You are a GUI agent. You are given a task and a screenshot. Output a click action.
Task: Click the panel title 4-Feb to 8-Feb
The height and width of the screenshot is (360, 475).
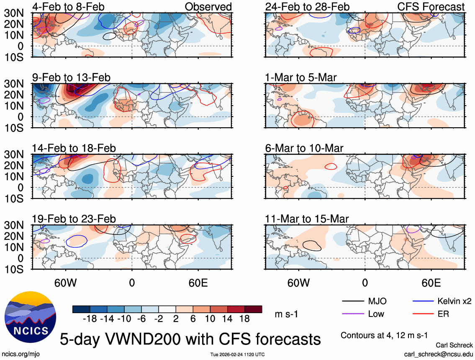(68, 7)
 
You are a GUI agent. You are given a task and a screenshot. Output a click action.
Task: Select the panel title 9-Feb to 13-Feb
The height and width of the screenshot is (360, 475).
(71, 77)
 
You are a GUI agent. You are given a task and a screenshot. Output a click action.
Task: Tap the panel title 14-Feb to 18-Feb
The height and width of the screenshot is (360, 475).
(74, 148)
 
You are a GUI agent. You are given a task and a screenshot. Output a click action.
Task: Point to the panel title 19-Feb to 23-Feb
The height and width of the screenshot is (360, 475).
(74, 219)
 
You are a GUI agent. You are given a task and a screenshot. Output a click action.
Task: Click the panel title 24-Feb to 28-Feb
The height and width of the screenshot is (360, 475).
(307, 7)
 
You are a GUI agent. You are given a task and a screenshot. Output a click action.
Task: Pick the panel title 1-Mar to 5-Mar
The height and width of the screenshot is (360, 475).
(301, 77)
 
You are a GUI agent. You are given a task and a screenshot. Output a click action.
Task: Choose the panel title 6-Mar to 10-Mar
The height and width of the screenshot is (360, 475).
(304, 148)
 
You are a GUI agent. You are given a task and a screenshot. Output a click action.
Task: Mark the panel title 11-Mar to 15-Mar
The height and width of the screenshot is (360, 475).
(307, 219)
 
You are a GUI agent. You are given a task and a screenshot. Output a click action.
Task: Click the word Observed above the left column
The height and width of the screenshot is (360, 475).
(208, 7)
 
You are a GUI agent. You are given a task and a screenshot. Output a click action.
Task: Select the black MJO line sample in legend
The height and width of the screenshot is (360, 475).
(353, 301)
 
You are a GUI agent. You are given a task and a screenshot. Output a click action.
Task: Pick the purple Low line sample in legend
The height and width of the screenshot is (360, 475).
(353, 314)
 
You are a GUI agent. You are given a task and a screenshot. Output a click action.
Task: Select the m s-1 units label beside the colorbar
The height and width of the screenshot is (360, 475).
(288, 314)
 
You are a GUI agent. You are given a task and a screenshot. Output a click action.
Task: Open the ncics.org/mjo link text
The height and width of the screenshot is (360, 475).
(21, 354)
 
